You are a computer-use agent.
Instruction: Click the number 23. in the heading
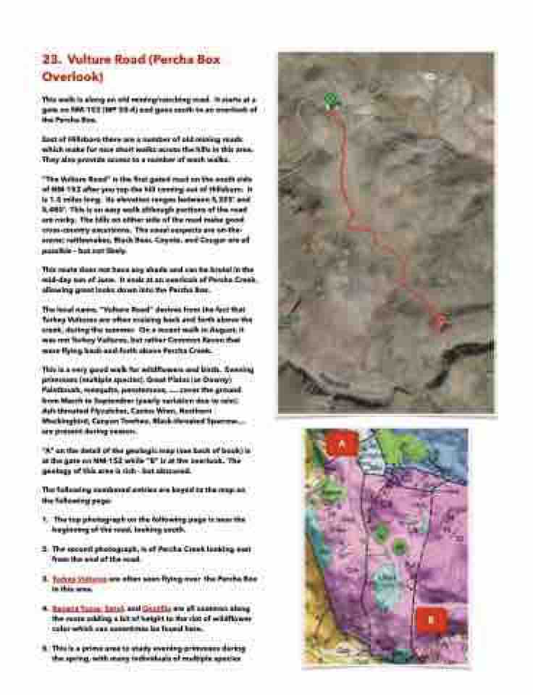[53, 60]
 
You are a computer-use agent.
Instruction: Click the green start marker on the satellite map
[331, 98]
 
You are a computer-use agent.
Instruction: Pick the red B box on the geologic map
[431, 620]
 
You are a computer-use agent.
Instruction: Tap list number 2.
[45, 549]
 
